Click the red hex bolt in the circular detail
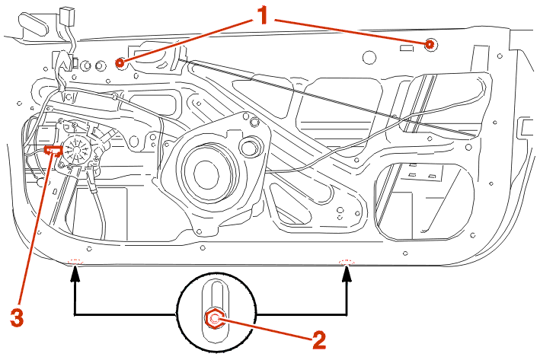coord(216,319)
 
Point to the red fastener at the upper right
coord(430,44)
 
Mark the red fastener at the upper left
coord(119,63)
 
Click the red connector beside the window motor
coord(53,151)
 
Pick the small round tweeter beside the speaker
coord(248,145)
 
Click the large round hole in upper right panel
coord(369,56)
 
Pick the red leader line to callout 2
coord(267,329)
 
